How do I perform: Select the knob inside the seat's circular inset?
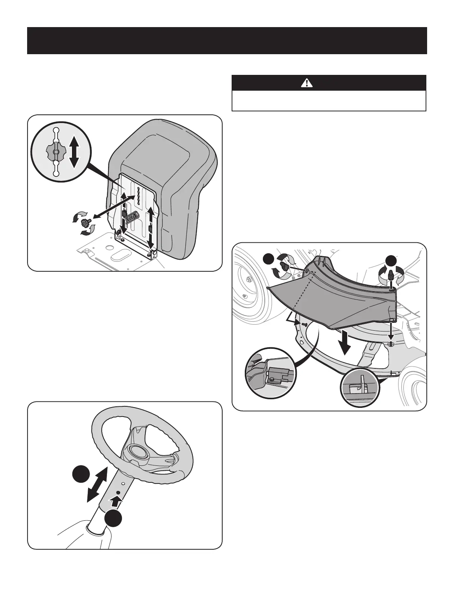coord(55,152)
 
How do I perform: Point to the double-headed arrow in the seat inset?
coord(74,152)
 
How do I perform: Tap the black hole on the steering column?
coord(118,493)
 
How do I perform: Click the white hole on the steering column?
coord(123,483)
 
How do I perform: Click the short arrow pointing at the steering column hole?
coord(118,502)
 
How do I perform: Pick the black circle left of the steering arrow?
coord(81,474)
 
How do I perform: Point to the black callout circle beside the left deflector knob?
coord(269,260)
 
